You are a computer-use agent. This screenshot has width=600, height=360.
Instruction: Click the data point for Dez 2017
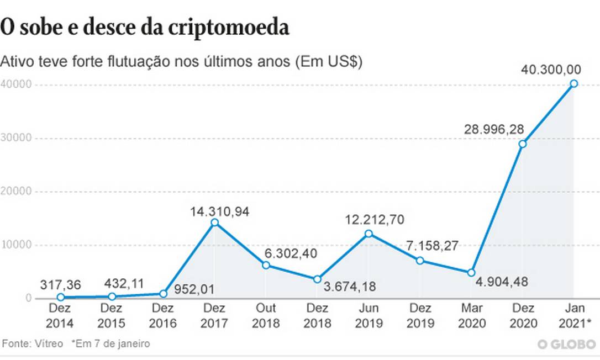pyautogui.click(x=215, y=223)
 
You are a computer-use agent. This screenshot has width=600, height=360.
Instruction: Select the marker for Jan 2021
pyautogui.click(x=574, y=83)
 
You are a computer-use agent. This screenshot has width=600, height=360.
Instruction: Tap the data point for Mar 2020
pyautogui.click(x=471, y=272)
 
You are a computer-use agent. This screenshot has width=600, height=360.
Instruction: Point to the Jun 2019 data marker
pyautogui.click(x=369, y=234)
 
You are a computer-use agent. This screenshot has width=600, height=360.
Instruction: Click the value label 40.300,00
pyautogui.click(x=551, y=70)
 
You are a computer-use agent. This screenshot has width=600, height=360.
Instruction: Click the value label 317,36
pyautogui.click(x=60, y=284)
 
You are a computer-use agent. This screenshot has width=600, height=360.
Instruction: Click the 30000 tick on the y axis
pyautogui.click(x=16, y=138)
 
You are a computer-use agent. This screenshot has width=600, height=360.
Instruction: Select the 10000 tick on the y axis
pyautogui.click(x=16, y=245)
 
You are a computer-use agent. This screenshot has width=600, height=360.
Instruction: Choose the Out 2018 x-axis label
pyautogui.click(x=266, y=315)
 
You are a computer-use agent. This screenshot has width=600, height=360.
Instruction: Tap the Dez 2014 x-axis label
pyautogui.click(x=61, y=315)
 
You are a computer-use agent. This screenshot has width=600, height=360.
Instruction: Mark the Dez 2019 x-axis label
pyautogui.click(x=420, y=315)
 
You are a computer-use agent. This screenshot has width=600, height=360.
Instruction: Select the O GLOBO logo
pyautogui.click(x=566, y=344)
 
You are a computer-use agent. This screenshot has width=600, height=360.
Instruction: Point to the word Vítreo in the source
pyautogui.click(x=48, y=343)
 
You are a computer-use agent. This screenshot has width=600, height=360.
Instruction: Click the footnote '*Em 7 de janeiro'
pyautogui.click(x=110, y=343)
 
